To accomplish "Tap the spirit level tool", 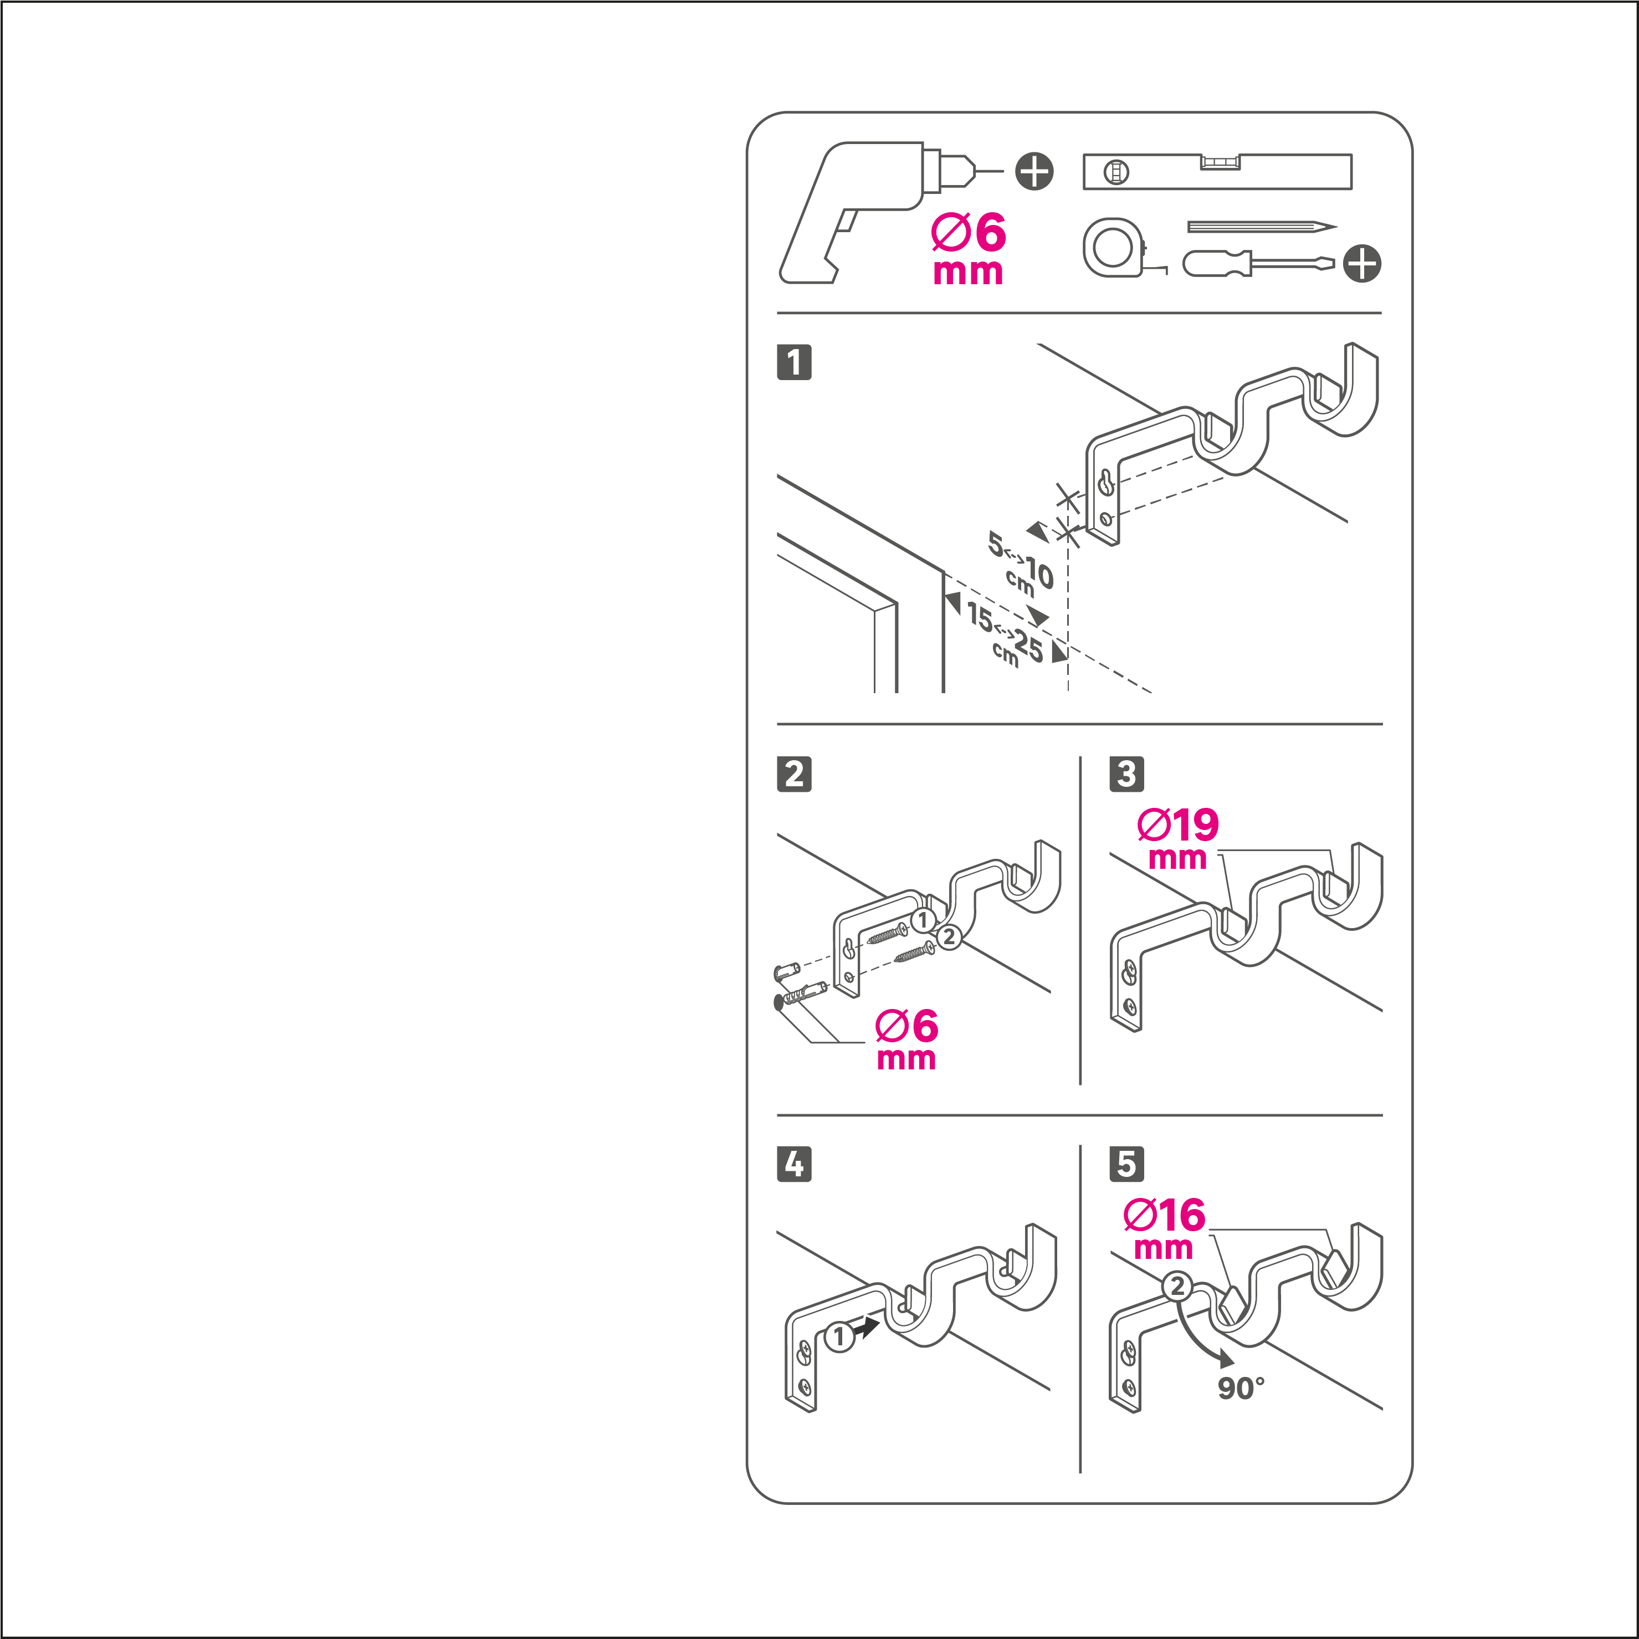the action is click(1217, 171).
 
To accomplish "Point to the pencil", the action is click(1262, 227).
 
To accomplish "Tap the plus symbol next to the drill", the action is click(1034, 171).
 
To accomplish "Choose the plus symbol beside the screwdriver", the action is click(1363, 263).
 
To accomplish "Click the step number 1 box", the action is click(794, 362).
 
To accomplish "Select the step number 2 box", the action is click(794, 774).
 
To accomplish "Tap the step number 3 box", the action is click(1126, 774).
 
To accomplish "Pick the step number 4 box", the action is click(794, 1164).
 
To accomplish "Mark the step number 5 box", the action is click(1126, 1164).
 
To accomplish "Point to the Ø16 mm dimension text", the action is click(1164, 1228).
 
